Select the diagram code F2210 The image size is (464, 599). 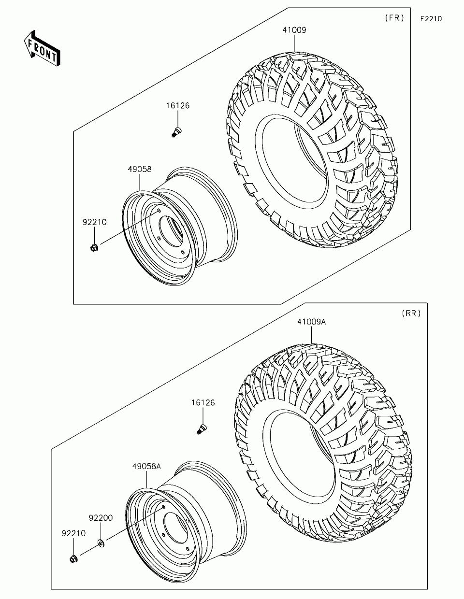(x=431, y=19)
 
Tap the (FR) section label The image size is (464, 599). (x=394, y=18)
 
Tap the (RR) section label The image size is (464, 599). (x=411, y=314)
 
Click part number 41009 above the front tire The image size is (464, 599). (x=294, y=30)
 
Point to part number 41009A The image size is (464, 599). (x=311, y=322)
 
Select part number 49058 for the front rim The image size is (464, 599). (x=140, y=170)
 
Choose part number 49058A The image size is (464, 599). (x=146, y=467)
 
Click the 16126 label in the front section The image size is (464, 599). (x=178, y=106)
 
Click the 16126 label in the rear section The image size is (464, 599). (x=203, y=402)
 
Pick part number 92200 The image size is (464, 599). (x=101, y=518)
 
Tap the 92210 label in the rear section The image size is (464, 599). (x=73, y=533)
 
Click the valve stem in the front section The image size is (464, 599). (x=177, y=131)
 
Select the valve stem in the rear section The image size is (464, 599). (x=202, y=428)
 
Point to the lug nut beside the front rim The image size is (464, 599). (x=94, y=248)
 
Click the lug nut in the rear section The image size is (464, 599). (x=73, y=559)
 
